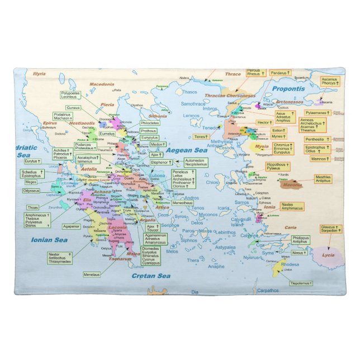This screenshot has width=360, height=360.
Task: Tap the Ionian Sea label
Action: point(49,240)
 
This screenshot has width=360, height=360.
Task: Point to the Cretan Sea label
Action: point(150,276)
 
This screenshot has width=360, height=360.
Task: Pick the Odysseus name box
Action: point(32,191)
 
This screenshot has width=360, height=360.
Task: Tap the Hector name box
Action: point(264,122)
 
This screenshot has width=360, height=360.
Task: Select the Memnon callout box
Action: point(320,159)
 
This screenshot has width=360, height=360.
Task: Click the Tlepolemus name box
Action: point(301,283)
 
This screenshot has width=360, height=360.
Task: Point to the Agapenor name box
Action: point(71,226)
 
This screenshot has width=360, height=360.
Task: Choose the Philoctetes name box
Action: point(150,122)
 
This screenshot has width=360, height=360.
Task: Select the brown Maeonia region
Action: point(291,184)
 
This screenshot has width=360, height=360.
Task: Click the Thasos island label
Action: point(190,92)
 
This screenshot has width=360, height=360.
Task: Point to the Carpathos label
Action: point(268,290)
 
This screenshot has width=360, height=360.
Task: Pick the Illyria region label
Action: point(39,74)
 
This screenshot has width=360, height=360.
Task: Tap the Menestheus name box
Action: point(182,202)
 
